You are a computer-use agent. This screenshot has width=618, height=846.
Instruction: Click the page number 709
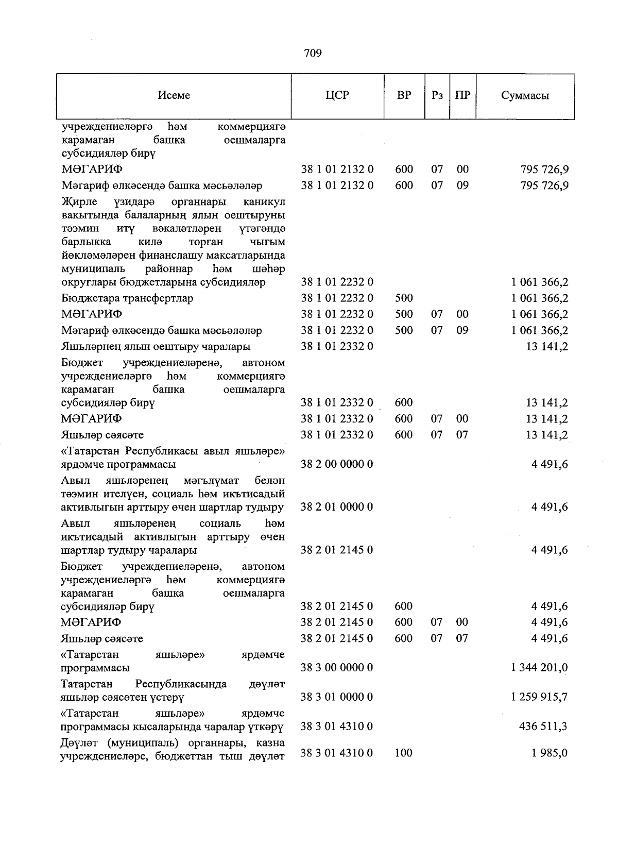(313, 53)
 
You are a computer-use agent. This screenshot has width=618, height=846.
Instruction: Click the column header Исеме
(174, 95)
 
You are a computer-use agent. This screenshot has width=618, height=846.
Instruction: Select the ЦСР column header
(337, 95)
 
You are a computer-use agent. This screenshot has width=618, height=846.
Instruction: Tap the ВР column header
(404, 95)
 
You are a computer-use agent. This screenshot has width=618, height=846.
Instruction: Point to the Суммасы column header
(525, 95)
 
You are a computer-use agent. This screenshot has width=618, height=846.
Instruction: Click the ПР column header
(462, 95)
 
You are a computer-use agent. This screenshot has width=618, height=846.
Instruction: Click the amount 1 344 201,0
(539, 668)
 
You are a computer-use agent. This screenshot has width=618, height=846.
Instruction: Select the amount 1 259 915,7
(539, 697)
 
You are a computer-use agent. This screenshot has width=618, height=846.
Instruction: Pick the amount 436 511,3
(543, 726)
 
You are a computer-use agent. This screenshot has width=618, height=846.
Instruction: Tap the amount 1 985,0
(550, 753)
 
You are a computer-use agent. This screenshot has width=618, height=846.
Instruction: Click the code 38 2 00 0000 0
(337, 464)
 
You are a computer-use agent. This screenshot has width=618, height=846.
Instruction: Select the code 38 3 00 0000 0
(337, 668)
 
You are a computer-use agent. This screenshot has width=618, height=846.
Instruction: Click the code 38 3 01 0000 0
(337, 697)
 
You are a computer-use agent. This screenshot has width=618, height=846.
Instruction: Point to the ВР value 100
(404, 753)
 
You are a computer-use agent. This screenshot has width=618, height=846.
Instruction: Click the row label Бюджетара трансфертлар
(127, 298)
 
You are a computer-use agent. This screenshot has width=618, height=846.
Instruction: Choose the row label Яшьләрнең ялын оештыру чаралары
(156, 346)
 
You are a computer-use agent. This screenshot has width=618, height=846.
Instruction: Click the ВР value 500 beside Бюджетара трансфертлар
(404, 298)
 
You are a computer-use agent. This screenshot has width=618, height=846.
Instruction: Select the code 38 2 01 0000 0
(337, 507)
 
